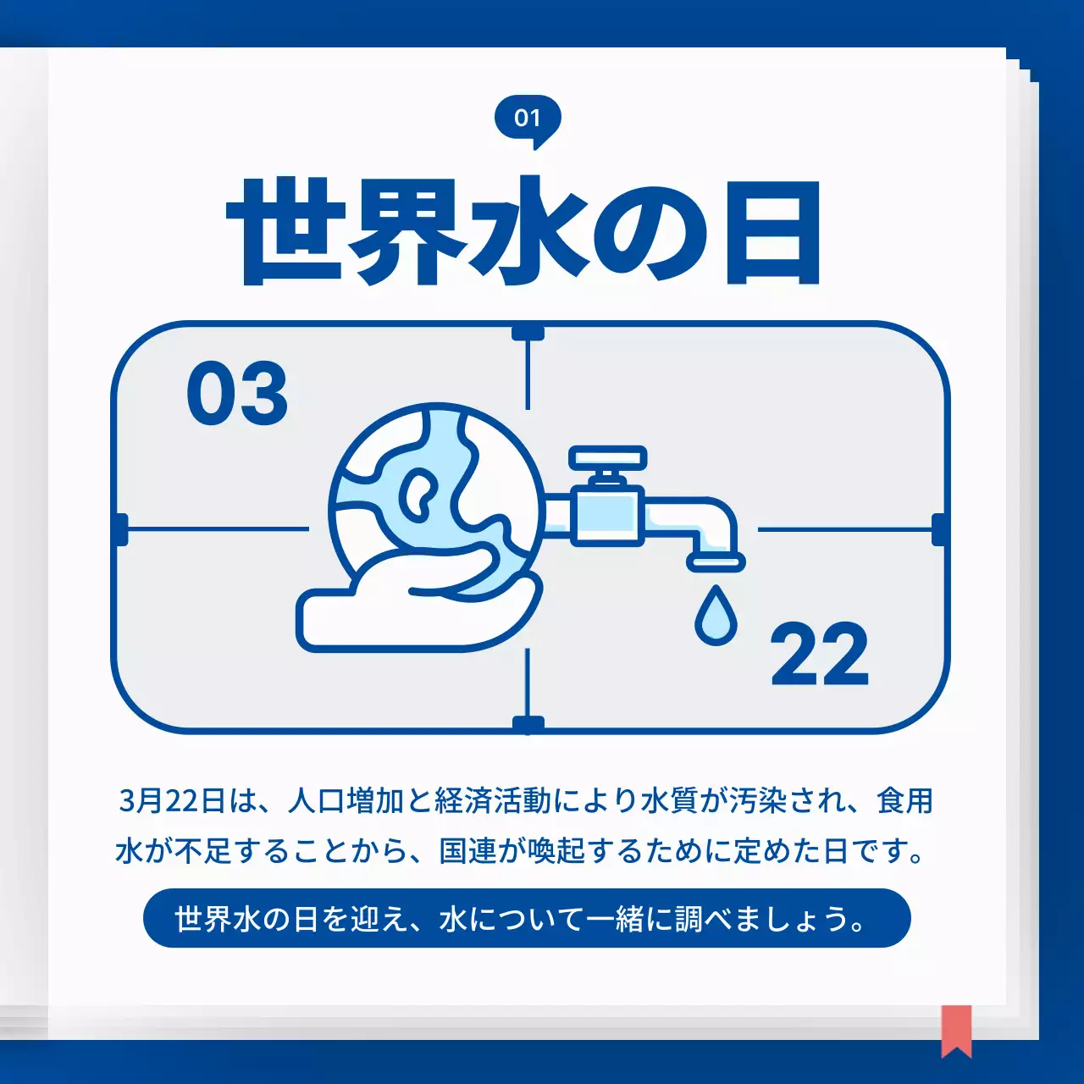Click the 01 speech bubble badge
(528, 119)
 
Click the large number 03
(237, 394)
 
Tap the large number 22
(819, 655)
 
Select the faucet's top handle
(607, 458)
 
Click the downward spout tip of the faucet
(716, 561)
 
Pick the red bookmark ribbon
(956, 1030)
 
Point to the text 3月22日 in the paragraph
(172, 800)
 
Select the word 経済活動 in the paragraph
(493, 800)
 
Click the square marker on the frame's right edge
(939, 529)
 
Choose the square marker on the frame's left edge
(119, 529)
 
